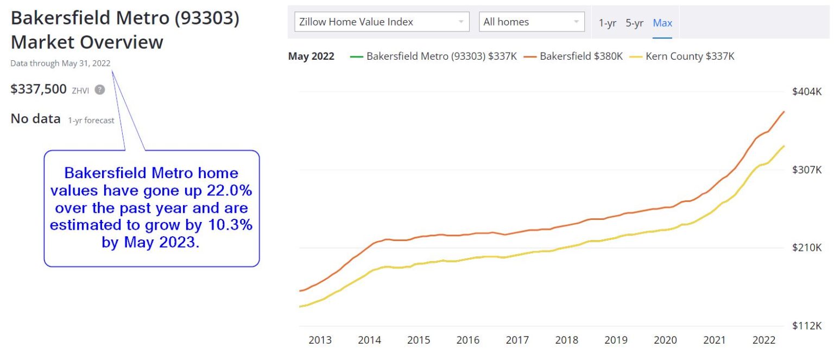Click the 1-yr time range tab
607,23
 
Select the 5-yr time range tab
634,23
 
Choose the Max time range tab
662,23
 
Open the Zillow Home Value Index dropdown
382,22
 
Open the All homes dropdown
532,22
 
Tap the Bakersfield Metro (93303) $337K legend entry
434,56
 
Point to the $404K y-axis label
807,91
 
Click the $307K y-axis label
807,170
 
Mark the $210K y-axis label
807,248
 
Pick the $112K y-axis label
807,326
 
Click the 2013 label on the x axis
320,340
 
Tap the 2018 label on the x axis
566,340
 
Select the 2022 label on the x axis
763,340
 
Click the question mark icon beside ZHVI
99,90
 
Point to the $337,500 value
39,89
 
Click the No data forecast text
36,118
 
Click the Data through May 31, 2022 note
60,64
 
